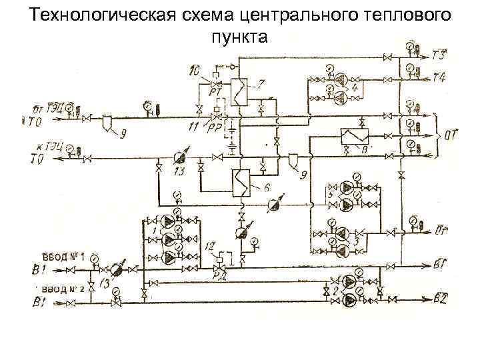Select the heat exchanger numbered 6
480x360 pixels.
point(241,180)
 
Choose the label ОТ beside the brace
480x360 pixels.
point(451,136)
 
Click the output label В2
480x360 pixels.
point(439,297)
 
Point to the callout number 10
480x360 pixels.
point(194,69)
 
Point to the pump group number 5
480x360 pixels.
point(330,193)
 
